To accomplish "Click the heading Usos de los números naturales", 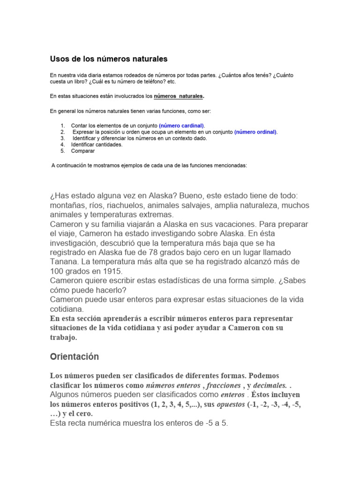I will coord(109,59).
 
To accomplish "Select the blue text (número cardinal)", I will coord(181,126).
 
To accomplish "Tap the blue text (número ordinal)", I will coord(255,132).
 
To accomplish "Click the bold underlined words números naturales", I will coord(179,96).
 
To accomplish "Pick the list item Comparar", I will coord(83,151).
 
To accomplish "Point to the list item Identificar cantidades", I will coord(97,145).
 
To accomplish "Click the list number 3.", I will coord(62,138).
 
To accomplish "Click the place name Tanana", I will coord(65,261).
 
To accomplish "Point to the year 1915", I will coord(112,271).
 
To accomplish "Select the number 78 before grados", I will coord(150,252).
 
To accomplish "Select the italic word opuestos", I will coord(232,404).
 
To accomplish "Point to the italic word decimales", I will coord(270,385).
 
